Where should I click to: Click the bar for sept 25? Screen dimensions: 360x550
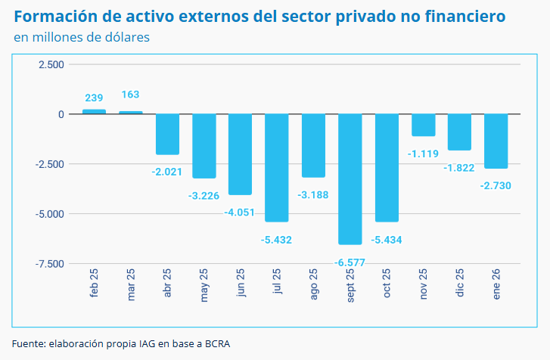pyautogui.click(x=350, y=178)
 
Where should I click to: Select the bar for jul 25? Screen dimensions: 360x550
pyautogui.click(x=276, y=167)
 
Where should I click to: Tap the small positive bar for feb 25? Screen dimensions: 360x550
pyautogui.click(x=94, y=111)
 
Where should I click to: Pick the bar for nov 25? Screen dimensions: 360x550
pyautogui.click(x=423, y=125)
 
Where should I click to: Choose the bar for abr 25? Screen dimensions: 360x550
pyautogui.click(x=167, y=134)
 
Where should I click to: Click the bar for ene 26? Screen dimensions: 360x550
pyautogui.click(x=496, y=141)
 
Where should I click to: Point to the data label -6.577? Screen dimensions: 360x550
pyautogui.click(x=350, y=262)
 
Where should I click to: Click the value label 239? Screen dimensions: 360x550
pyautogui.click(x=94, y=98)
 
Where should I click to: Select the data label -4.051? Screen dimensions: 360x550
pyautogui.click(x=240, y=212)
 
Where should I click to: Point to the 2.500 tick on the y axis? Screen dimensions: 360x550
pyautogui.click(x=51, y=65)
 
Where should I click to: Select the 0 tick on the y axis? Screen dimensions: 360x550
pyautogui.click(x=61, y=114)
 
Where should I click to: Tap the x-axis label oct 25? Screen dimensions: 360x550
pyautogui.click(x=387, y=284)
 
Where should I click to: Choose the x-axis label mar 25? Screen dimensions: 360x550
pyautogui.click(x=131, y=286)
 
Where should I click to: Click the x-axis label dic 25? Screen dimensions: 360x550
pyautogui.click(x=459, y=285)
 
